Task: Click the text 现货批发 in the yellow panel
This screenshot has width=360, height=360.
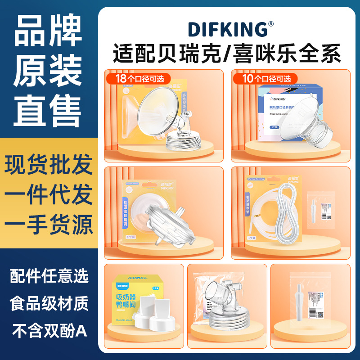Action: (x=49, y=166)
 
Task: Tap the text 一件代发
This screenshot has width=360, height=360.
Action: (x=49, y=194)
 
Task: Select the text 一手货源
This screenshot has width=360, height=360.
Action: (x=49, y=224)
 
